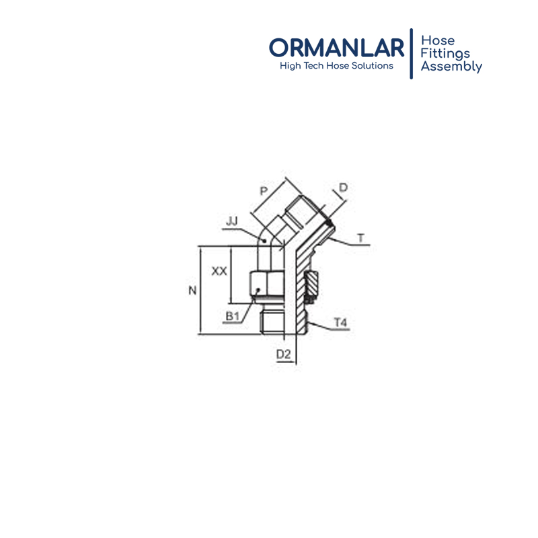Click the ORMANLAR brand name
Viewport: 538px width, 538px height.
(337, 47)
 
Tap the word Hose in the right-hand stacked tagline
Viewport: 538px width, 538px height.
(438, 40)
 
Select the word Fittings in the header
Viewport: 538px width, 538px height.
(445, 54)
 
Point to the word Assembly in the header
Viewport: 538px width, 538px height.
(451, 66)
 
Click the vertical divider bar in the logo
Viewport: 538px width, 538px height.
(412, 54)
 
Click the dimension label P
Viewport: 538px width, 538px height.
(264, 191)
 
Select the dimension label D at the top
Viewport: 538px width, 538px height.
(343, 188)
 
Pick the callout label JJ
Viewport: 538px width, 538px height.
(232, 221)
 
